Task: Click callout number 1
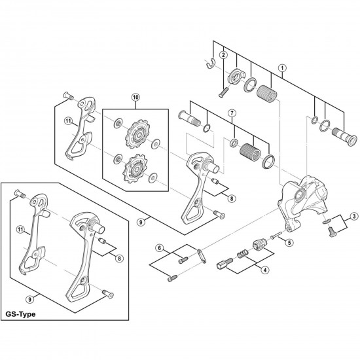[282, 67]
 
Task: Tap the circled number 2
[224, 54]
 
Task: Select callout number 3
[353, 217]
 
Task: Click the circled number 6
[158, 247]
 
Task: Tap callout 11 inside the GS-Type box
[20, 228]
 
